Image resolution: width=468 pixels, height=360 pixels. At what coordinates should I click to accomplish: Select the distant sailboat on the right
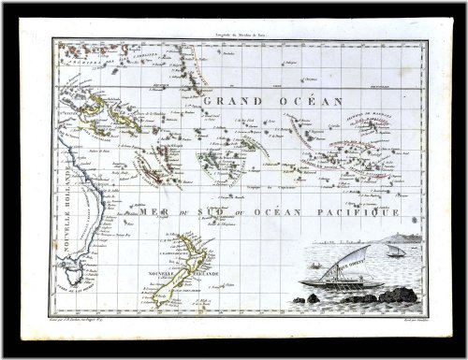coord(396,252)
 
